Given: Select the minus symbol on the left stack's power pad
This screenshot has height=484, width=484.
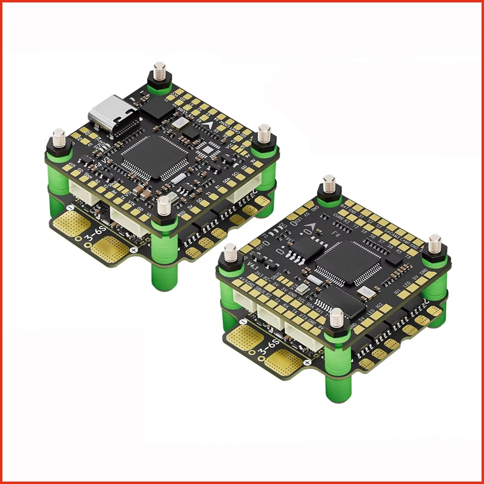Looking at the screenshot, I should pyautogui.click(x=71, y=208).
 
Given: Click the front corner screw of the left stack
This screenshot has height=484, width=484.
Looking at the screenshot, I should pyautogui.click(x=164, y=206).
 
